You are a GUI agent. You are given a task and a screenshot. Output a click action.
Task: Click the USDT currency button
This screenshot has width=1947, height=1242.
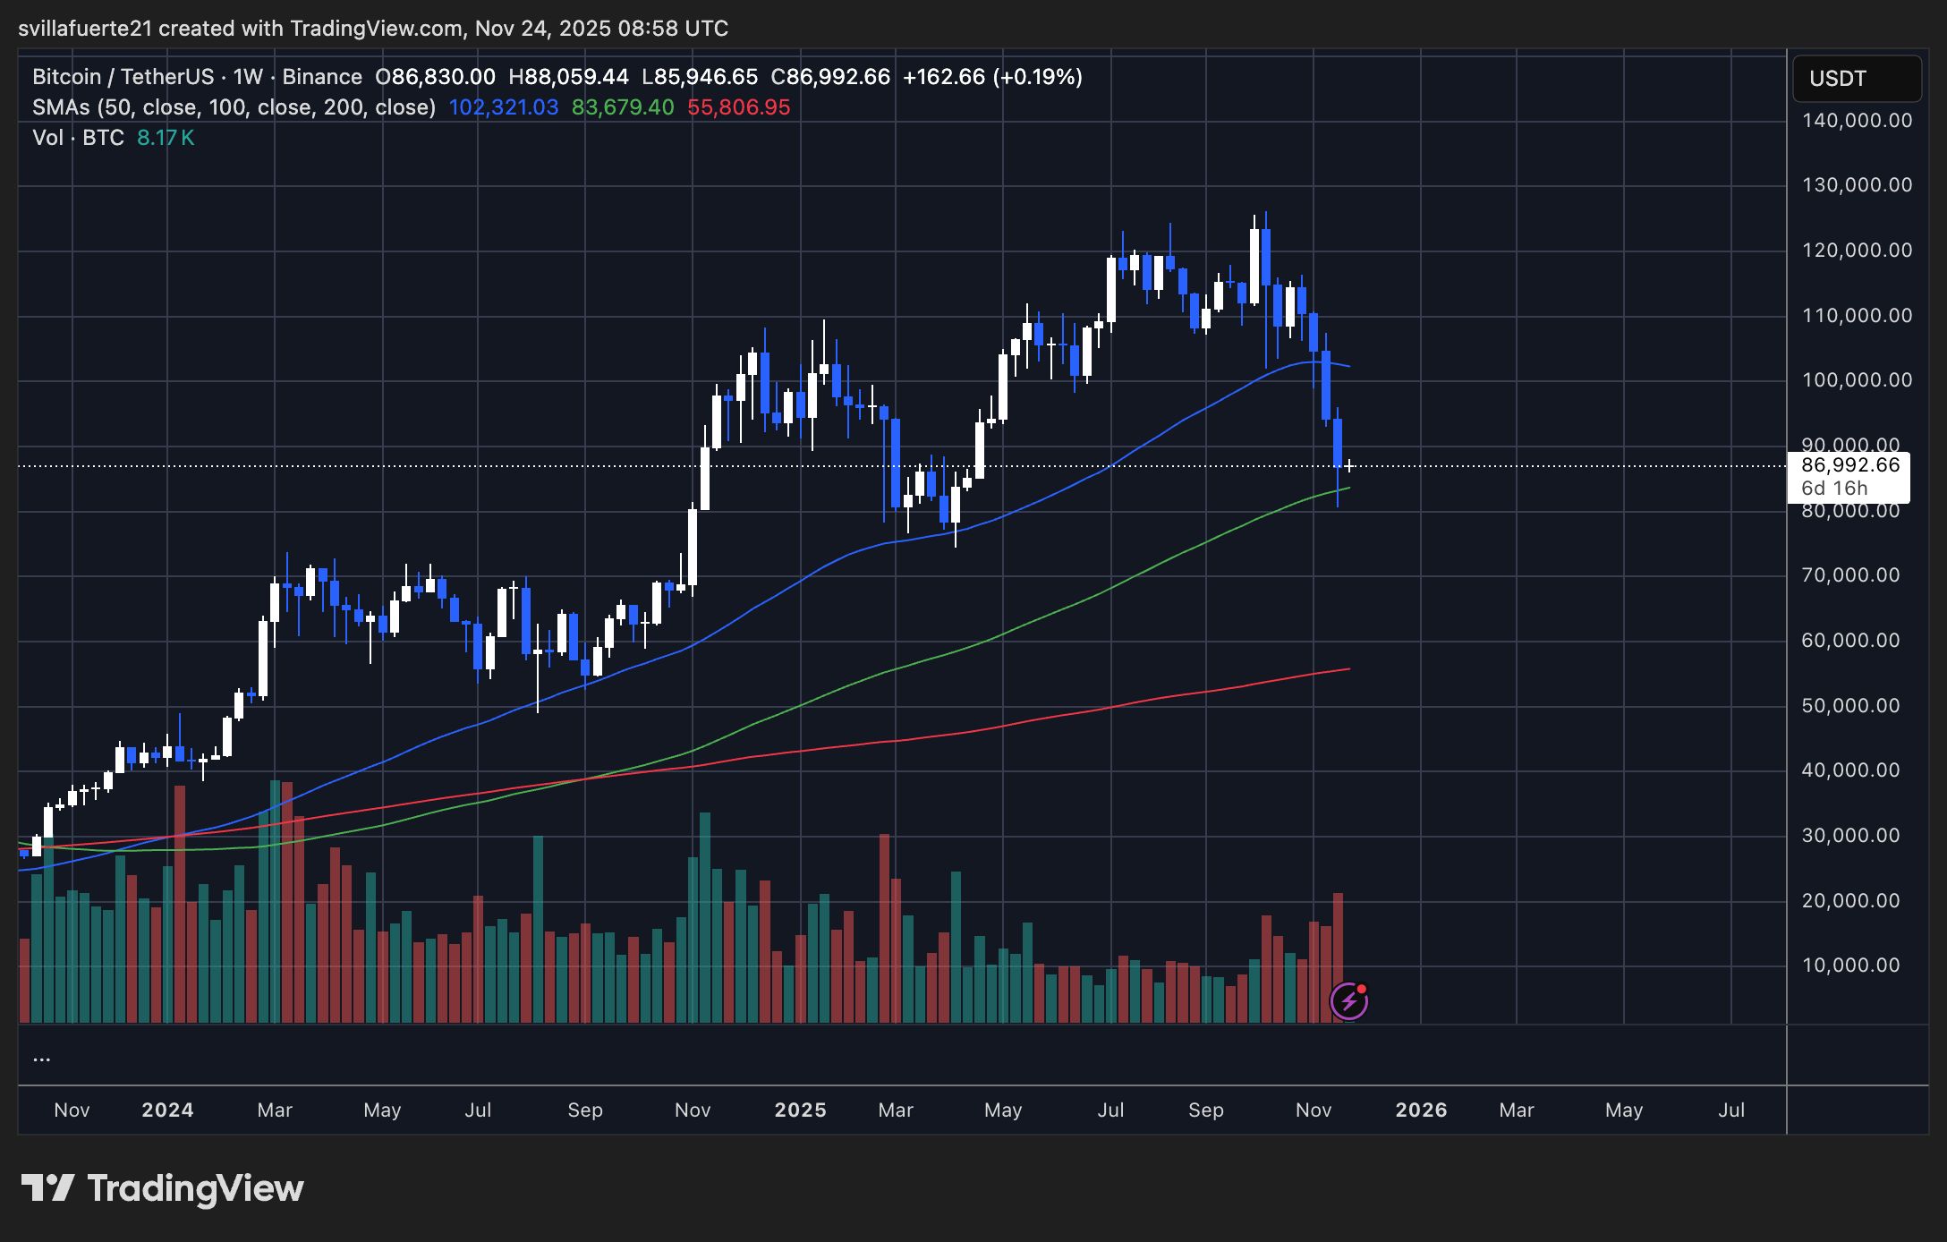(1856, 79)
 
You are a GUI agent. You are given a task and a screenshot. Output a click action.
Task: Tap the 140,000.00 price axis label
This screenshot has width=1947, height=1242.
(1857, 120)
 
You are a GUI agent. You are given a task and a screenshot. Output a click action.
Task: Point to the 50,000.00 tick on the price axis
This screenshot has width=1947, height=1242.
(1850, 705)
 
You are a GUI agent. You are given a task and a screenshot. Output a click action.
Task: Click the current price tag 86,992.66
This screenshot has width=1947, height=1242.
(1849, 465)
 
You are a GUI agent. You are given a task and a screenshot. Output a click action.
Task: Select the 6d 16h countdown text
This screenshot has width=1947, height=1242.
(1834, 489)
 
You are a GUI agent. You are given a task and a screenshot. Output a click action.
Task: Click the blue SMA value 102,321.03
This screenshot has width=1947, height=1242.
(503, 107)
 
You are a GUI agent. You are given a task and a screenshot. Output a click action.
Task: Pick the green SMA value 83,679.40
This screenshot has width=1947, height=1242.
(623, 107)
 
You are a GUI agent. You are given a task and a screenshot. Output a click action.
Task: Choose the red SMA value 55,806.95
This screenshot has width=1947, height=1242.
(738, 107)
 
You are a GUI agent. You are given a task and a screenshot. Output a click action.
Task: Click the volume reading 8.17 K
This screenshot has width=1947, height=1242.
(166, 138)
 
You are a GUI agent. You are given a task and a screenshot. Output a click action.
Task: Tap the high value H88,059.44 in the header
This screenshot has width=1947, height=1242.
(568, 77)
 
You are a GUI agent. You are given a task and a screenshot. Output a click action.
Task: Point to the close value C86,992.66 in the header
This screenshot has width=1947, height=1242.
(830, 77)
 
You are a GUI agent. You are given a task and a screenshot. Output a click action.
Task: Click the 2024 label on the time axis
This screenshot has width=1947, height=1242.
(167, 1110)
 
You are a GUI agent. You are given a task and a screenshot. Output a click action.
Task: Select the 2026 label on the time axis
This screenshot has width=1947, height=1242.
(1421, 1110)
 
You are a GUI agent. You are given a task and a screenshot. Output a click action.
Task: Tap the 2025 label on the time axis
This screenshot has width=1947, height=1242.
(800, 1110)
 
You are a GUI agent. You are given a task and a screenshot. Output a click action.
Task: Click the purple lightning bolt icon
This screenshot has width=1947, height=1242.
(1348, 1001)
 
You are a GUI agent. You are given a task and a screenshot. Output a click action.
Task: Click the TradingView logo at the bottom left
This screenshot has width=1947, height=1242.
(162, 1188)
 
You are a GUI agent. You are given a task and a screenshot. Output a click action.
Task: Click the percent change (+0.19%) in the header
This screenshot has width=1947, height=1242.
(1037, 77)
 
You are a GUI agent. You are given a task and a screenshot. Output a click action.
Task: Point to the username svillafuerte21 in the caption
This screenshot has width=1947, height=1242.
(85, 29)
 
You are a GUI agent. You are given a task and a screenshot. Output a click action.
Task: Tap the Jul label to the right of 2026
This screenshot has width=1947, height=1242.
(1731, 1110)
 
